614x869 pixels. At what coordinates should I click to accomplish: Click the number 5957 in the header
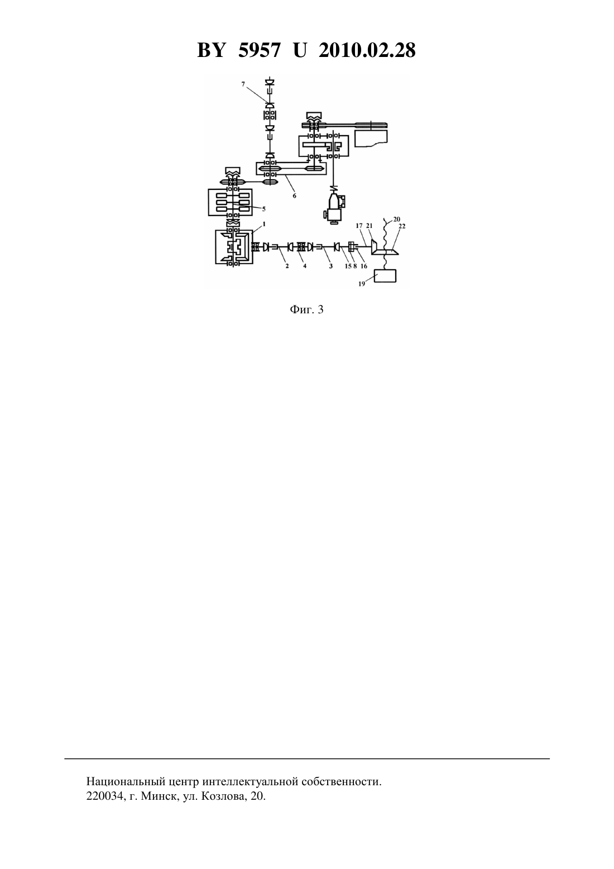[259, 50]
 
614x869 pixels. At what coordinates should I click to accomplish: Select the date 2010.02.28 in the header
[367, 50]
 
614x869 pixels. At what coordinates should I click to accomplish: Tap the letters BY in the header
[211, 50]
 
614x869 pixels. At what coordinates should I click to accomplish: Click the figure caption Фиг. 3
[306, 309]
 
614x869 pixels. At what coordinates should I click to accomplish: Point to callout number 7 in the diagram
[243, 84]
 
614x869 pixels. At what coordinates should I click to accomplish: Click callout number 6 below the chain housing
[294, 196]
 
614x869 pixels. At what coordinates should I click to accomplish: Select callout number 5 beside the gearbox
[263, 209]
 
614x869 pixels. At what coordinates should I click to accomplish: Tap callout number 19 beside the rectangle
[361, 284]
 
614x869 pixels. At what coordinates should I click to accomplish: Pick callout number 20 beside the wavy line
[396, 219]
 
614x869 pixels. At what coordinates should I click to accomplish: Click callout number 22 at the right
[402, 226]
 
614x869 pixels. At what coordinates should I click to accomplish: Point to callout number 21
[369, 226]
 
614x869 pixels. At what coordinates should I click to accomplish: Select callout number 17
[359, 226]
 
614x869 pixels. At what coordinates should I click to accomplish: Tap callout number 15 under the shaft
[348, 266]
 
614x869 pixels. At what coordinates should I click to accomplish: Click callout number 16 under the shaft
[363, 266]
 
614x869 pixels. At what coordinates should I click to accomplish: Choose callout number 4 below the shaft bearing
[305, 266]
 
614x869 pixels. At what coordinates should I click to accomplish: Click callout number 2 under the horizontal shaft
[287, 266]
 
